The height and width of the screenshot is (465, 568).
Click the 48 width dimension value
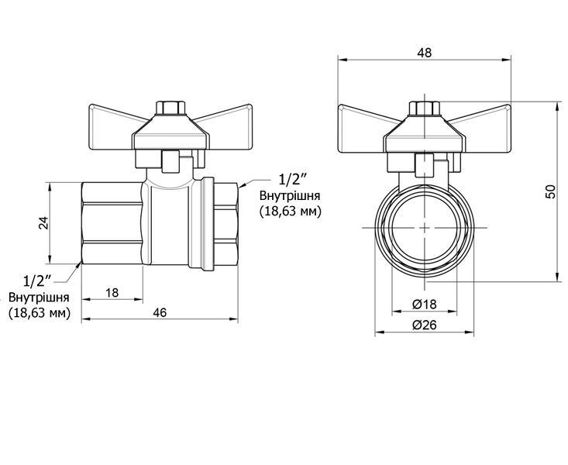[424, 53]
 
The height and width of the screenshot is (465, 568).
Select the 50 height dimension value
[550, 191]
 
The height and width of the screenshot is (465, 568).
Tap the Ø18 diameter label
[425, 304]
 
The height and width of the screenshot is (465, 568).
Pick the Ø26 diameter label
[425, 325]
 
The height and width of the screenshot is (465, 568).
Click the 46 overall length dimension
[160, 312]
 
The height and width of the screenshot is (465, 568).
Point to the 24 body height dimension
[43, 223]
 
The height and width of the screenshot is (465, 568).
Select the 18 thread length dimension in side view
[112, 292]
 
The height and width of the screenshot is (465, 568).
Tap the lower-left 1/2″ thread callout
[37, 281]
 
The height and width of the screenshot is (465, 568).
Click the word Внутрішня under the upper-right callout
[290, 196]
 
